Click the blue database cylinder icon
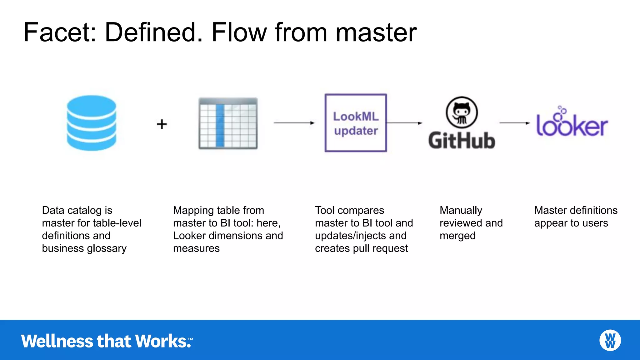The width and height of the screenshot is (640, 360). [92, 123]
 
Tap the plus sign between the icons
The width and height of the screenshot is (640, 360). [162, 124]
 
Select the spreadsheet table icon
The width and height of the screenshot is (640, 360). [228, 123]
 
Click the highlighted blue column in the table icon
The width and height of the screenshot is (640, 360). [220, 125]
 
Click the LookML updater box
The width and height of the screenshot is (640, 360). [356, 123]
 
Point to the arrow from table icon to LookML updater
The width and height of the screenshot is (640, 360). [294, 123]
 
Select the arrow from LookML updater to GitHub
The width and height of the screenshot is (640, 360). [404, 123]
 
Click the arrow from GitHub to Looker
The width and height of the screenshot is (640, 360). [514, 123]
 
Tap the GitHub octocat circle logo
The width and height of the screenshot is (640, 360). [462, 112]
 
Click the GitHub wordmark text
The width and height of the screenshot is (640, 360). [462, 141]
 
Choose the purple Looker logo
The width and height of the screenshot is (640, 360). [572, 123]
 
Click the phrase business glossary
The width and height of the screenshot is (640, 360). [84, 248]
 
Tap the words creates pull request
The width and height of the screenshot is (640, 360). [361, 248]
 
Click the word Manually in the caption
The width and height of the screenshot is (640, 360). [461, 210]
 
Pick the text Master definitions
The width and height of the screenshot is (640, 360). [576, 210]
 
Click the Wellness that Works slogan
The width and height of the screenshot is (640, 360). [106, 341]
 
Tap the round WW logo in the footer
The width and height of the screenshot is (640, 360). [610, 340]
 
